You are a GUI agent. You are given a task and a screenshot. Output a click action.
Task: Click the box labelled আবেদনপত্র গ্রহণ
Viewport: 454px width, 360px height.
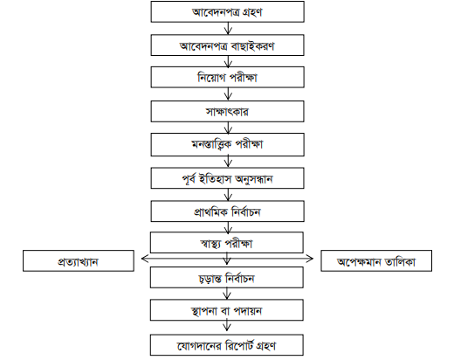point(227,12)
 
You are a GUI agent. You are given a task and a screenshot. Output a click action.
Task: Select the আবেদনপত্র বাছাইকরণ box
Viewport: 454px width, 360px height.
point(227,45)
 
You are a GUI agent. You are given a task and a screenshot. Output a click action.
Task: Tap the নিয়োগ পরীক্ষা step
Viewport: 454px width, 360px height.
point(227,77)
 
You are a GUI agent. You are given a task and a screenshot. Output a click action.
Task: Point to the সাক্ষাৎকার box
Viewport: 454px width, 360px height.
point(227,110)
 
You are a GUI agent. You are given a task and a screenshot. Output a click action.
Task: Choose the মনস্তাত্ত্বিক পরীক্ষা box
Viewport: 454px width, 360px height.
point(227,142)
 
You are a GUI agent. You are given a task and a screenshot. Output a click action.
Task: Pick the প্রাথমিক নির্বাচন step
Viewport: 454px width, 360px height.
point(227,210)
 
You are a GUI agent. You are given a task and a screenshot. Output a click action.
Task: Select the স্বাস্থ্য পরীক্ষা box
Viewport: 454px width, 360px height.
point(227,242)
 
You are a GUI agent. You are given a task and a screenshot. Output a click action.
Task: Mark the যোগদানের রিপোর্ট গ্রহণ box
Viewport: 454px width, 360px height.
point(227,343)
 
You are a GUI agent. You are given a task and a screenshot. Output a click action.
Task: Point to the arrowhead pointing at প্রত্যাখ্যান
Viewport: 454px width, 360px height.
point(141,259)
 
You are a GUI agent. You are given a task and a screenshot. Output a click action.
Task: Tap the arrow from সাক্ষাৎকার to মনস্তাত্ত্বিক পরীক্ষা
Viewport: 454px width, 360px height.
point(227,126)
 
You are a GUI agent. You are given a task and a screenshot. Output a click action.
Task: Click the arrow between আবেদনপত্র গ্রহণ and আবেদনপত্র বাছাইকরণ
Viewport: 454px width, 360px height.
point(227,28)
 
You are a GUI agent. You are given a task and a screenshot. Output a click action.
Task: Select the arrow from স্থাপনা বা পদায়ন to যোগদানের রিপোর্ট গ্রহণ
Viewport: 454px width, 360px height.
point(227,326)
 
